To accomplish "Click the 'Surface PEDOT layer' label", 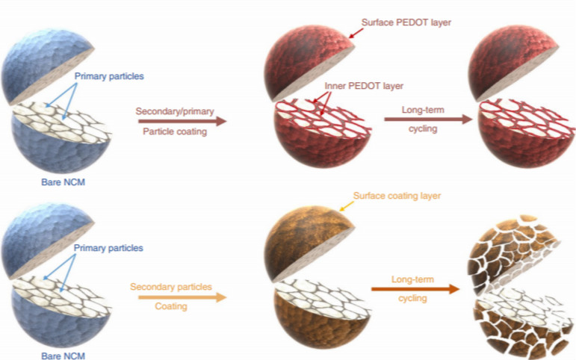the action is (406, 22).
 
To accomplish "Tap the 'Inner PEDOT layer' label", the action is (364, 86).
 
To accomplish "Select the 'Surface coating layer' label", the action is (397, 196).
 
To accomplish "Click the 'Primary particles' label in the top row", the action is (109, 76).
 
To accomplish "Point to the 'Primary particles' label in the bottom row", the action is (108, 248).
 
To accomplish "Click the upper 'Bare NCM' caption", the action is (64, 181).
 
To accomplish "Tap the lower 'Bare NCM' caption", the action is (64, 356).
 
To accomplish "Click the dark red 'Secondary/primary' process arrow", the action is (182, 121).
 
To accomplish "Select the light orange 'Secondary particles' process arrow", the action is (182, 297).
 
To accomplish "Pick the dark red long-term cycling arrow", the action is (428, 119).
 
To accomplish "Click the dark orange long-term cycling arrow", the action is (415, 289).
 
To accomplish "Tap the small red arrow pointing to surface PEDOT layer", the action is (356, 33).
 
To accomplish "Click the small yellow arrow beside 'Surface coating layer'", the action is (346, 206).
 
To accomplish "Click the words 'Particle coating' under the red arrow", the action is (175, 131).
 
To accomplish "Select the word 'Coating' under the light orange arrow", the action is (171, 306).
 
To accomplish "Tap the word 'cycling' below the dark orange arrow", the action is (412, 298).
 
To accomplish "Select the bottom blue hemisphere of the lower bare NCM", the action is (61, 316).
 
